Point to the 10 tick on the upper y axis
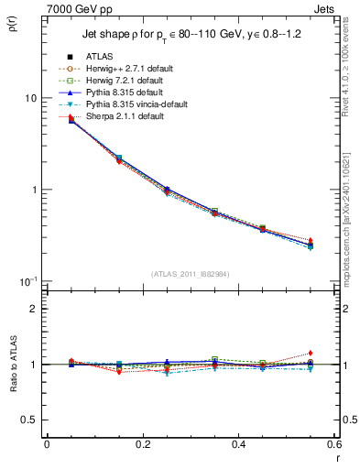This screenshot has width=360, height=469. click(x=30, y=98)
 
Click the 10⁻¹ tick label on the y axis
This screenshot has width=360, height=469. click(x=27, y=280)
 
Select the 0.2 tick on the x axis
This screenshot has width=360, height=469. click(x=142, y=445)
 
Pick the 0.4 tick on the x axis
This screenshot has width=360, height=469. click(x=238, y=445)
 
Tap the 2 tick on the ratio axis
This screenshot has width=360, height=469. click(x=34, y=309)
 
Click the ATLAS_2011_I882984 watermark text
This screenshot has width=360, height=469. click(x=191, y=274)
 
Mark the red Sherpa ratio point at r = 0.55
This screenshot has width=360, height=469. click(x=311, y=353)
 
